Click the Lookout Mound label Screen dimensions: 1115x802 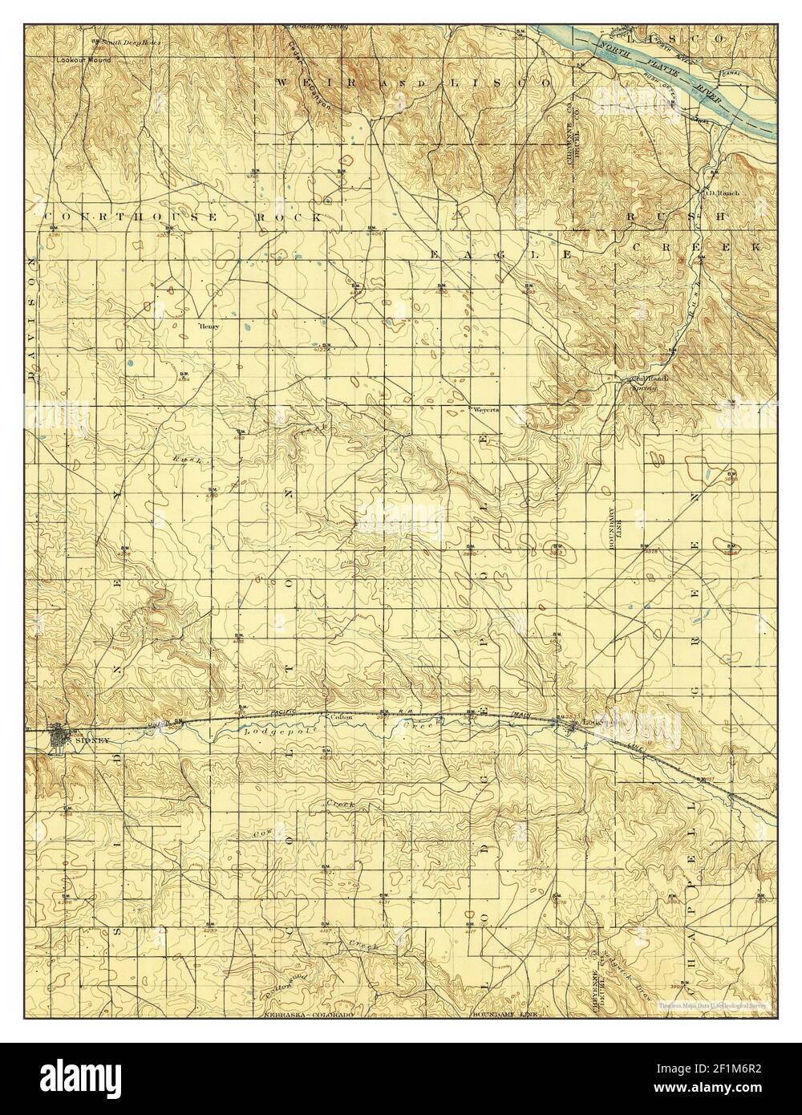click(83, 60)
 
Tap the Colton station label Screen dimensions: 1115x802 click(337, 716)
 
